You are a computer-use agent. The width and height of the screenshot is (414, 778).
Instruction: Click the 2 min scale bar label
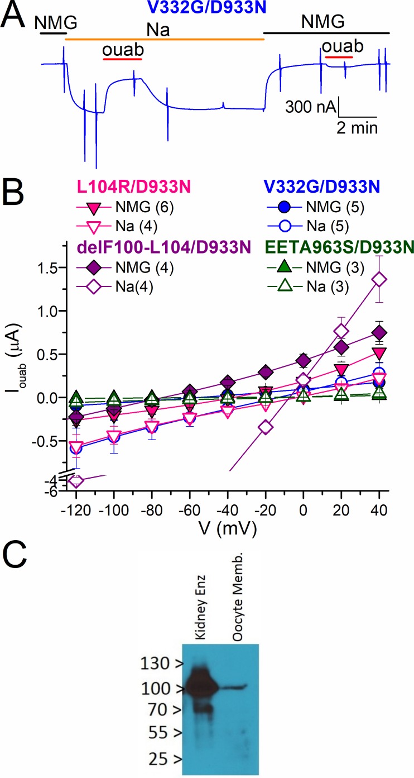357,127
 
